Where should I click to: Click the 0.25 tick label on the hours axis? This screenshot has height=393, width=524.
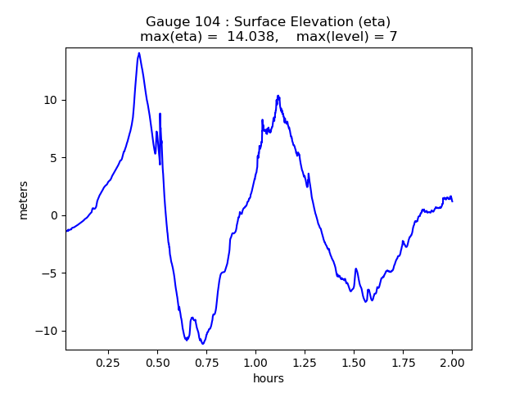[x=108, y=362]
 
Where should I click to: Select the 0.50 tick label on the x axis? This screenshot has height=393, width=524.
[x=157, y=362]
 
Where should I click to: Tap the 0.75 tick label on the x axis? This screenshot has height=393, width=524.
[x=206, y=362]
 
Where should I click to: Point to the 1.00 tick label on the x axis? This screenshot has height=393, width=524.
[x=255, y=362]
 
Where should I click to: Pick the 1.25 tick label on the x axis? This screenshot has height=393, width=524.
[x=305, y=362]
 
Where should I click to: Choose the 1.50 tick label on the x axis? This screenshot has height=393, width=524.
[x=354, y=362]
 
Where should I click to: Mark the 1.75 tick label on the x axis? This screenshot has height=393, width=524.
[x=403, y=362]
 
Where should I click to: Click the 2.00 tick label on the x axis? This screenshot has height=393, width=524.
[x=452, y=362]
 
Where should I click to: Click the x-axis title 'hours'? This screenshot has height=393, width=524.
[x=269, y=378]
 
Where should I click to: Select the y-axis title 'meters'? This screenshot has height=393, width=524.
[x=24, y=200]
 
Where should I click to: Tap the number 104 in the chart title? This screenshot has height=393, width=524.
[x=205, y=22]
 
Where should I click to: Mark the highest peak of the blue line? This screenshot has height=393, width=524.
[x=139, y=53]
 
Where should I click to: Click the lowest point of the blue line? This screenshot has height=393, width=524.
[x=202, y=343]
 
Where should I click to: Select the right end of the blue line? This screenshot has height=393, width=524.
[x=452, y=201]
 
